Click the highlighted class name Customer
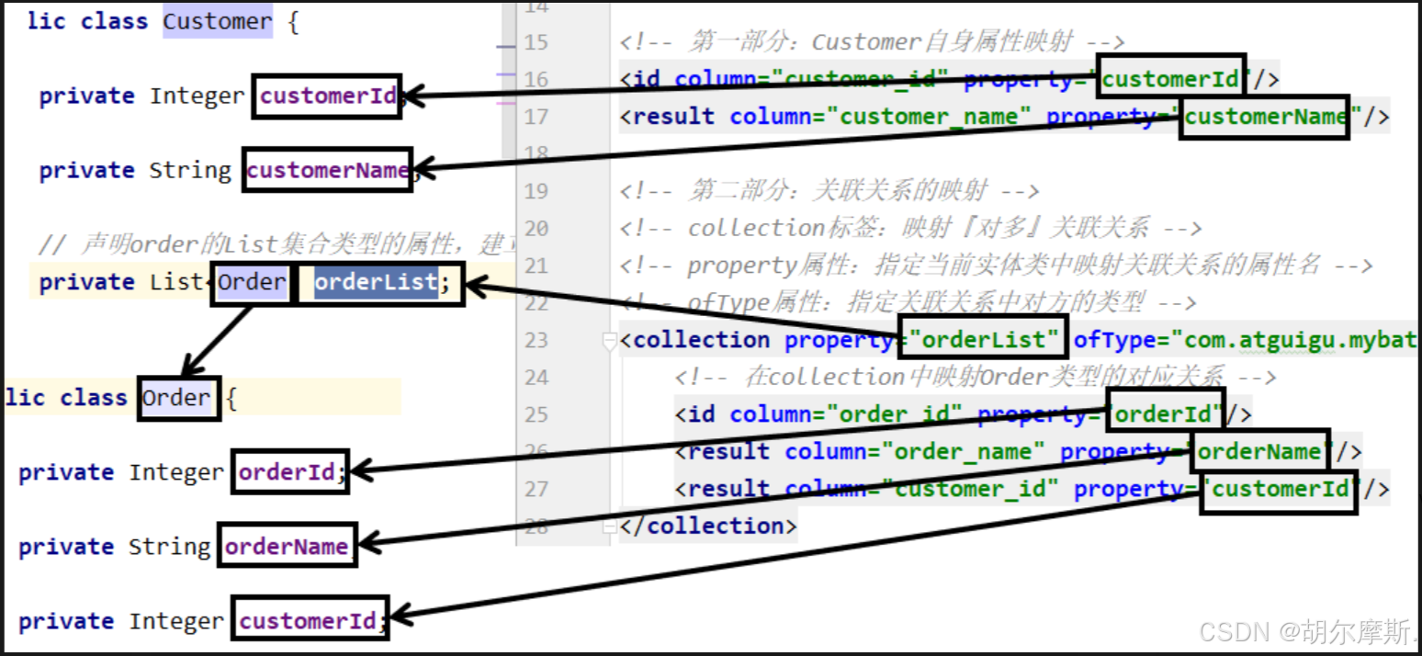pos(218,21)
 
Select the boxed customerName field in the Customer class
pos(327,170)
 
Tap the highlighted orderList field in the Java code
pos(376,282)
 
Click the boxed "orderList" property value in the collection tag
pos(983,340)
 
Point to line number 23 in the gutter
pos(536,340)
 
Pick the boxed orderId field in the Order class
pos(289,472)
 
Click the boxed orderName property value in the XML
pos(1259,451)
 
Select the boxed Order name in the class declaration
pos(177,398)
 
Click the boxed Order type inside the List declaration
pos(251,282)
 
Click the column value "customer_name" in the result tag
pos(929,117)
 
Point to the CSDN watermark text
pos(1305,631)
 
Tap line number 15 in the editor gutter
pos(536,42)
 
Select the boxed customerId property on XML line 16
pos(1171,79)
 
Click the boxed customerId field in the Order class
pos(309,621)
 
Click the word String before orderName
pos(169,547)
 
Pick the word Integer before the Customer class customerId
pos(197,96)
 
